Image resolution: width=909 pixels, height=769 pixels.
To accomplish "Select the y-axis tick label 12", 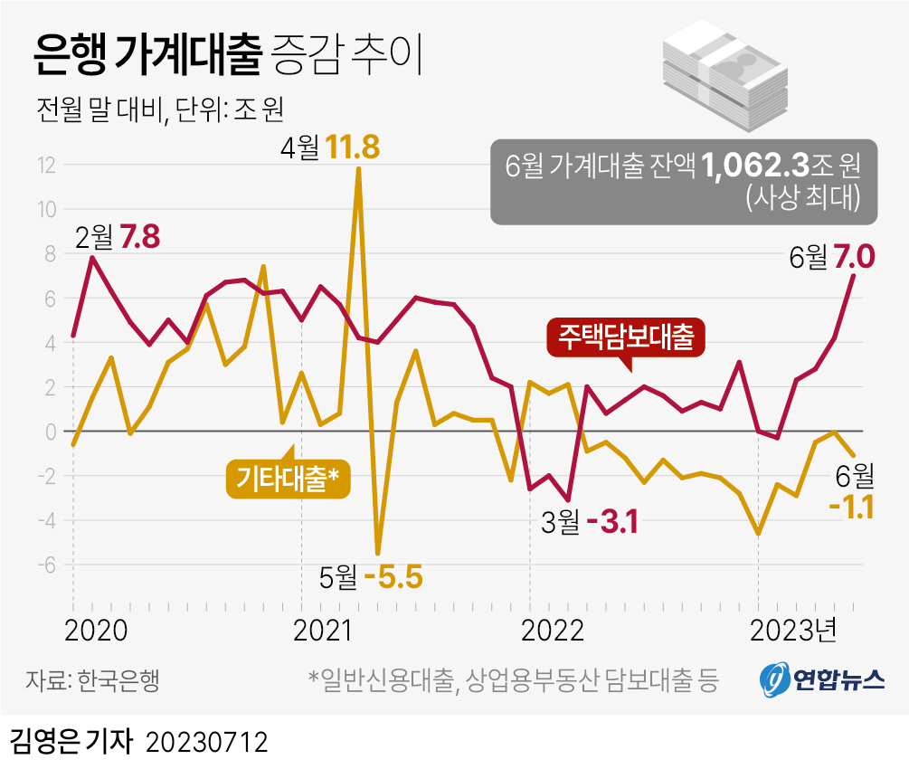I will click(46, 166).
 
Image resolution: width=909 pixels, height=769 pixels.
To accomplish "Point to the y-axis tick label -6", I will click(46, 565).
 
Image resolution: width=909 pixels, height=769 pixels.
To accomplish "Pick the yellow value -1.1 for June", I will click(850, 508).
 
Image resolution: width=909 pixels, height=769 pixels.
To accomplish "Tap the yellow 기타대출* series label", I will click(287, 478).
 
